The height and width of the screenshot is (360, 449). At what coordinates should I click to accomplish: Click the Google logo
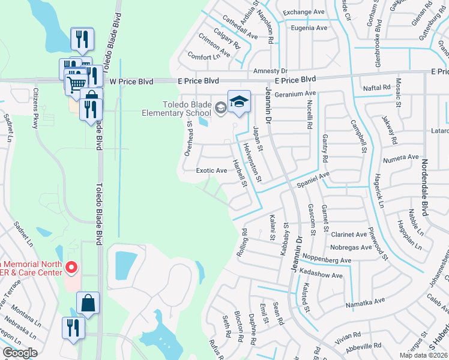(x=20, y=353)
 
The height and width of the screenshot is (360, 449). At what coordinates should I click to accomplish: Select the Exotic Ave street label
(x=212, y=170)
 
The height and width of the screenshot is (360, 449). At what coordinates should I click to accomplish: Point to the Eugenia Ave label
(x=309, y=28)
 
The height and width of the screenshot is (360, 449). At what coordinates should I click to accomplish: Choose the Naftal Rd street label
(x=377, y=88)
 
